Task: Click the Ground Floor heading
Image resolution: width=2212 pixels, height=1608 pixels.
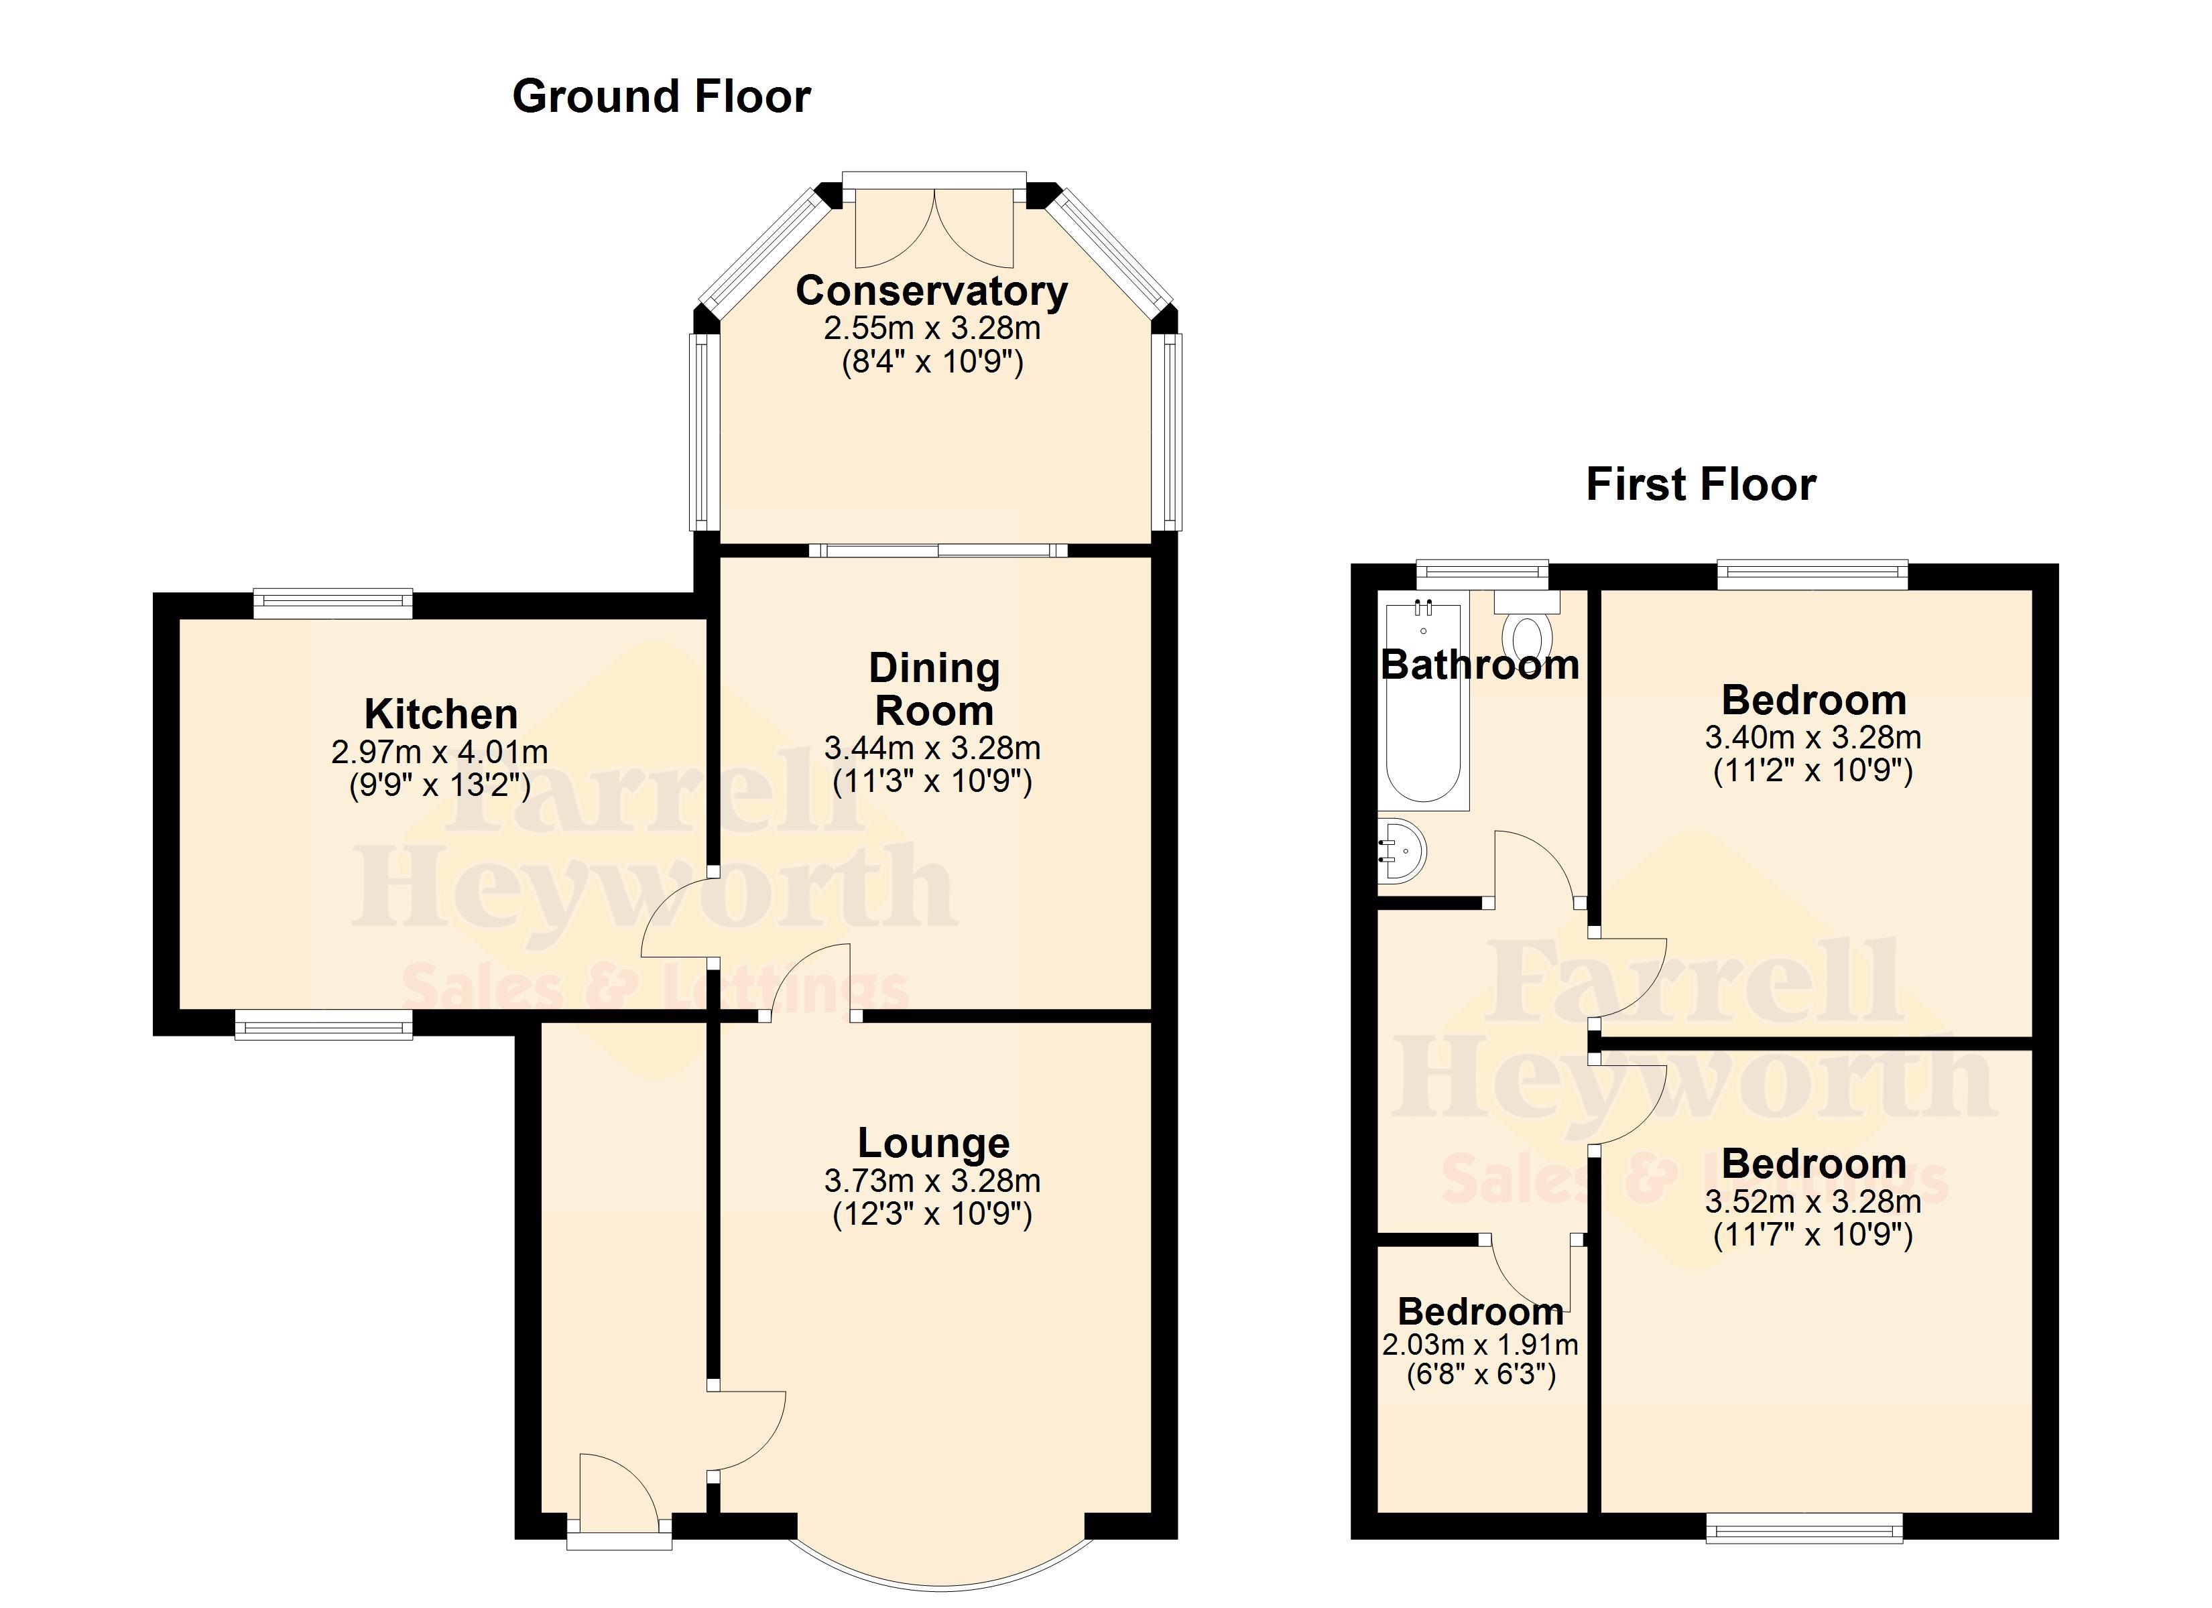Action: coord(662,96)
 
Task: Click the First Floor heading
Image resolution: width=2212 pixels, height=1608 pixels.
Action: coord(1701,484)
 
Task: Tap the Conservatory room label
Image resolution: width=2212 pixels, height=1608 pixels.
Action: coord(932,291)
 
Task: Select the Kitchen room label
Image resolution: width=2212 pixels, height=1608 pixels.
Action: coord(441,714)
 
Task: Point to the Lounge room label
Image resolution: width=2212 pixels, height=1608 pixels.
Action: coord(933,1143)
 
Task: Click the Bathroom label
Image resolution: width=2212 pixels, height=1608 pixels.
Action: coord(1479,665)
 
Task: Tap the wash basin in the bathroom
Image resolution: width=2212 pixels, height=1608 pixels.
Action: coord(1402,850)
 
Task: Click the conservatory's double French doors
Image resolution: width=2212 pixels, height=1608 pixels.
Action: coord(934,227)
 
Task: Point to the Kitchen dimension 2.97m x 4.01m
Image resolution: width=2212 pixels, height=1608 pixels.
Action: coord(440,752)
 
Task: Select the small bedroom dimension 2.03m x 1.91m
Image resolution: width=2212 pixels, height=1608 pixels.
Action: coord(1479,1345)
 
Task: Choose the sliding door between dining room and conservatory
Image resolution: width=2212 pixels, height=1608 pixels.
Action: coord(938,550)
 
